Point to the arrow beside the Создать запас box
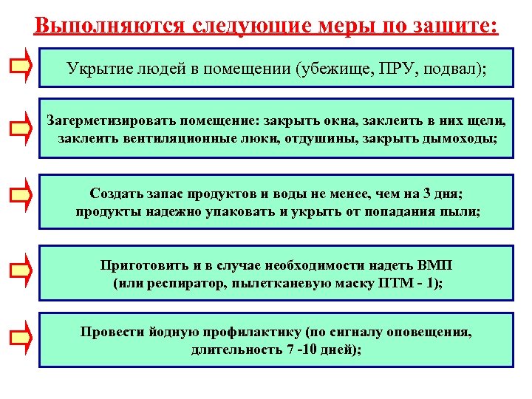pyautogui.click(x=20, y=195)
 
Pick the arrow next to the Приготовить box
pyautogui.click(x=20, y=270)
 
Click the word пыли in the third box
pyautogui.click(x=462, y=212)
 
